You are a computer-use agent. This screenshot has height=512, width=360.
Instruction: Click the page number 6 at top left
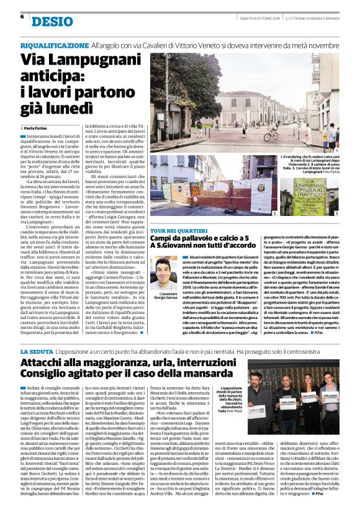pos(22,17)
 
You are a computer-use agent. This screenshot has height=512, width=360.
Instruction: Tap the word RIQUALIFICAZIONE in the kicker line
pos(53,46)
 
